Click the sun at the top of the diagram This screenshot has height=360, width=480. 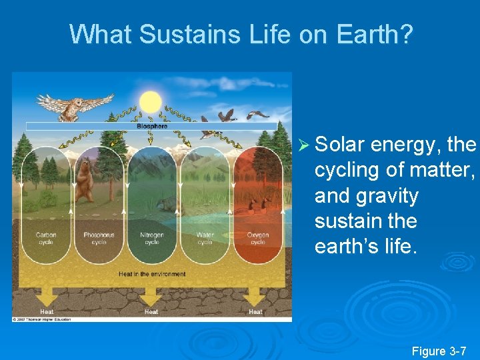coord(151,101)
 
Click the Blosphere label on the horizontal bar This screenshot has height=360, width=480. coord(152,125)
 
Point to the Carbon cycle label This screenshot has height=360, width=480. coord(46,238)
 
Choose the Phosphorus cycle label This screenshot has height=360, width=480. coord(99,238)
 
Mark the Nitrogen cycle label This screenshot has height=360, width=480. coord(152,238)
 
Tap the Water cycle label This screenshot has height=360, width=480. coord(205,238)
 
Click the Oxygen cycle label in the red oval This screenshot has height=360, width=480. coord(258,238)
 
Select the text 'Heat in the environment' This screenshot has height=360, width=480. coord(152,274)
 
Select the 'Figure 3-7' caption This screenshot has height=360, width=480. coord(439,351)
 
